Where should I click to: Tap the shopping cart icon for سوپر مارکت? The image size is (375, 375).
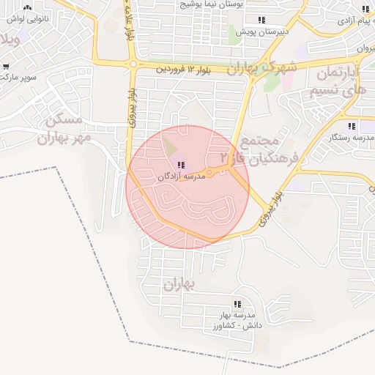tap(7, 67)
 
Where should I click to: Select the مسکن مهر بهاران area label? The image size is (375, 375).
tap(66, 127)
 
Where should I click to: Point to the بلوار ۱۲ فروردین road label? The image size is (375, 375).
tap(187, 69)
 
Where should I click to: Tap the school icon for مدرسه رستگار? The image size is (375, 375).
tap(352, 125)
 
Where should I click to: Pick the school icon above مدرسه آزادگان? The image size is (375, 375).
tap(181, 166)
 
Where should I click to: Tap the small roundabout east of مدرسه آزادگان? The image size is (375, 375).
tap(209, 174)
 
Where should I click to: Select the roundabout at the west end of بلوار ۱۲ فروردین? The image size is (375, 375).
tap(133, 64)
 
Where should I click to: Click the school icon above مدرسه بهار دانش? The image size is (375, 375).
tap(237, 303)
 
